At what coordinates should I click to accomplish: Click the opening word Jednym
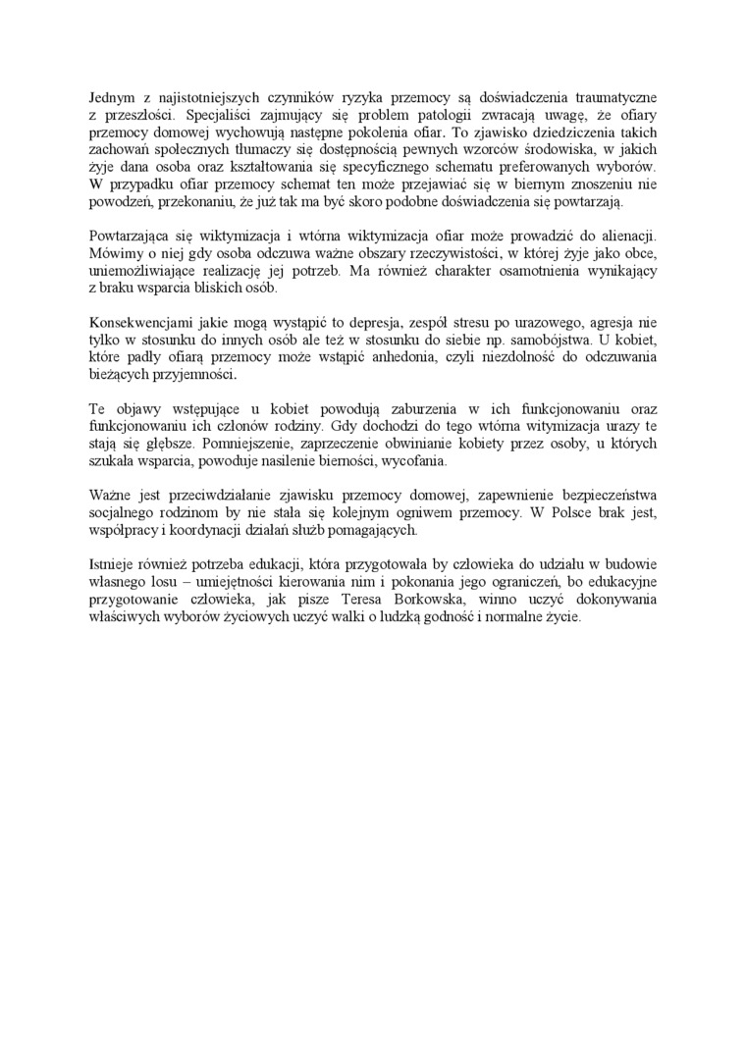pyautogui.click(x=111, y=97)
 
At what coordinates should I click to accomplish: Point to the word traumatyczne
pyautogui.click(x=614, y=97)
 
